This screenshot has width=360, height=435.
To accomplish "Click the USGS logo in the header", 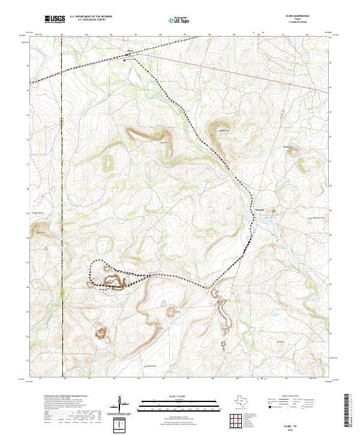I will coord(55,19).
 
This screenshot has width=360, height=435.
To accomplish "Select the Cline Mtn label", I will coord(162,142).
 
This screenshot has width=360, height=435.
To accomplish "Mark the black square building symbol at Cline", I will coord(125,59).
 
